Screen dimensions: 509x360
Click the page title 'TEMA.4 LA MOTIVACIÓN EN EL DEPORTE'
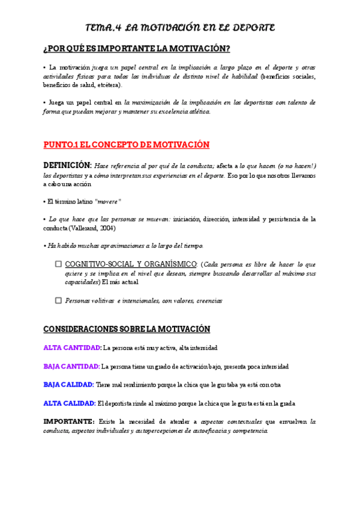(180, 28)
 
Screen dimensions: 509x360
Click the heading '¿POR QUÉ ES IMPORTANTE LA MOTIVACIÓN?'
(137, 48)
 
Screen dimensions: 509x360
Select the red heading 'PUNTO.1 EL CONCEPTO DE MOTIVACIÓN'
(127, 145)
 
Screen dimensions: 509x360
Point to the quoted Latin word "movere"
(108, 201)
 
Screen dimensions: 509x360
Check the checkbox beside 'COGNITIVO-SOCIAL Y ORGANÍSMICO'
(58, 264)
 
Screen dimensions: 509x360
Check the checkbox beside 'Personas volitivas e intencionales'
(58, 300)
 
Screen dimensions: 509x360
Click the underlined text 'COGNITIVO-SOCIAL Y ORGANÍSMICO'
(131, 264)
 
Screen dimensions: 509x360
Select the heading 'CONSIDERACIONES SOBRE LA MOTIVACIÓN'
(127, 329)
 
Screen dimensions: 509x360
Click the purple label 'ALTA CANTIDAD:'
(73, 348)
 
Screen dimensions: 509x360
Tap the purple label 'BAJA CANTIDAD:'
(72, 366)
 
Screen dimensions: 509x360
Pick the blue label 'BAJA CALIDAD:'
(68, 384)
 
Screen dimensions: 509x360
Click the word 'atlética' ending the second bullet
(197, 112)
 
